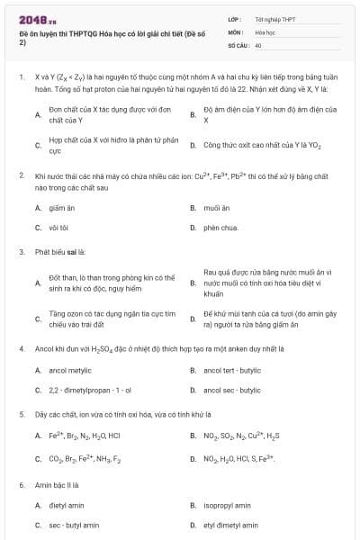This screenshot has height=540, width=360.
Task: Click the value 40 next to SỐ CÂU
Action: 258,44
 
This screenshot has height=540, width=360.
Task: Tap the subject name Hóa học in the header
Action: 265,31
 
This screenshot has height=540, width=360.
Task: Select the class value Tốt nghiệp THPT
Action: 274,18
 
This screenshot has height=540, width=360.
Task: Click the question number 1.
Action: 20,77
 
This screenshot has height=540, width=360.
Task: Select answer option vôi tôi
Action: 59,228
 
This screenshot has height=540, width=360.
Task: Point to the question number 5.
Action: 20,415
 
